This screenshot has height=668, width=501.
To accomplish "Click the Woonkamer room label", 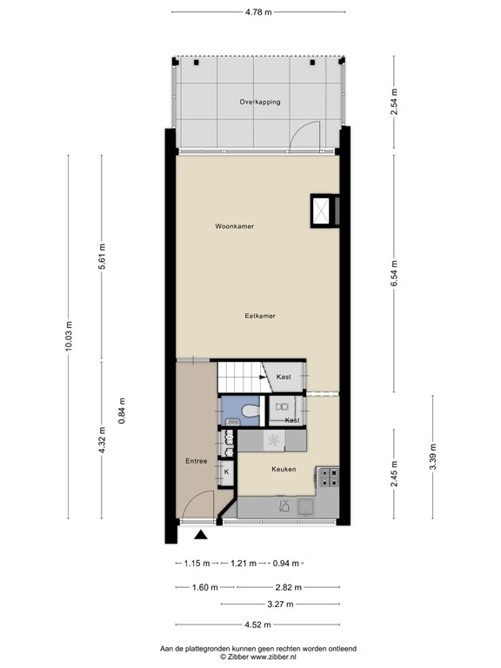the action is pyautogui.click(x=234, y=226).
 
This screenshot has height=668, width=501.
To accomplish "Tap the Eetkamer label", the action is pyautogui.click(x=260, y=316).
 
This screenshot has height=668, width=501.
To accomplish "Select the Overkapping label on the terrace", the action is pyautogui.click(x=260, y=102).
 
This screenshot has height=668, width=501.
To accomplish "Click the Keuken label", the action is pyautogui.click(x=284, y=469).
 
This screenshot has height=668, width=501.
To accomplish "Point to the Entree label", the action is pyautogui.click(x=196, y=461).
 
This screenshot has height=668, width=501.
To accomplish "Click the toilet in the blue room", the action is pyautogui.click(x=250, y=411).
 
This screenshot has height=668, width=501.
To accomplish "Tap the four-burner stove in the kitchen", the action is pyautogui.click(x=329, y=478).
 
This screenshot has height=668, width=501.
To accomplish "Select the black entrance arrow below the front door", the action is pyautogui.click(x=201, y=534).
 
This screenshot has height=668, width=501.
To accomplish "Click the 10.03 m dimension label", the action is pyautogui.click(x=69, y=337).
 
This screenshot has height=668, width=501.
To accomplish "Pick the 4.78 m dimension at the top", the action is pyautogui.click(x=258, y=12).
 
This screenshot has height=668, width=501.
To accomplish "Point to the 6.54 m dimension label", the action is pyautogui.click(x=394, y=272).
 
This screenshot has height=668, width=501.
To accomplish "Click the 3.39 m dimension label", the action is pyautogui.click(x=433, y=457).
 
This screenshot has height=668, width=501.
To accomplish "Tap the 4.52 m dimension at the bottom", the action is pyautogui.click(x=257, y=625).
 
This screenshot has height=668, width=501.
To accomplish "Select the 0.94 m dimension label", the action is pyautogui.click(x=286, y=564).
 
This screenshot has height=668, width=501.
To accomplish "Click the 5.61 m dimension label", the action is pyautogui.click(x=102, y=257).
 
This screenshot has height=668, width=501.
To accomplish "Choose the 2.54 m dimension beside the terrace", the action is pyautogui.click(x=394, y=102).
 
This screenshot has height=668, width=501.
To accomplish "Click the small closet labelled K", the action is pyautogui.click(x=226, y=472).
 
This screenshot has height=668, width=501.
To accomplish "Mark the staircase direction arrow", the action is pyautogui.click(x=262, y=377).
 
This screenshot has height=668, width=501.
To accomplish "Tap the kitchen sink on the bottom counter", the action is pyautogui.click(x=306, y=505).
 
